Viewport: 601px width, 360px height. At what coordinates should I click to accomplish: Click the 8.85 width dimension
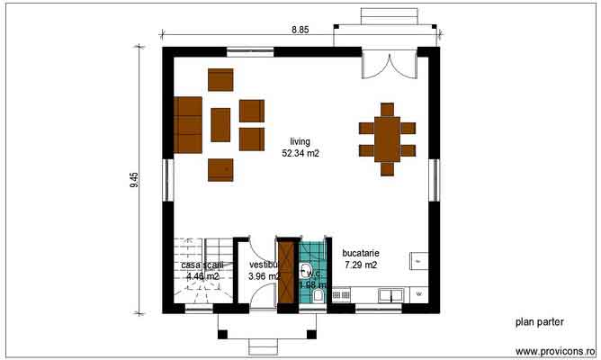point(300,30)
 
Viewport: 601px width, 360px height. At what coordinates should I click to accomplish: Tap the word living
point(300,141)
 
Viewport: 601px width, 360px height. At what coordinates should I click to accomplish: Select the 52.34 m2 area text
point(300,154)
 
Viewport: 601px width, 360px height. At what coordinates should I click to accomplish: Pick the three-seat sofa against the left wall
point(188,125)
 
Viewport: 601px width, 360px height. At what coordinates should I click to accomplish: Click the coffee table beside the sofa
point(220,125)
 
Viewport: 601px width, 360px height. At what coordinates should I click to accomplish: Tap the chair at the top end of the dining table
point(388,109)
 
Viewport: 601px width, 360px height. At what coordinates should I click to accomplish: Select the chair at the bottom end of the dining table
point(388,168)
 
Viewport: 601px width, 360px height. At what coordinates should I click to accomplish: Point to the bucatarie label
point(361,254)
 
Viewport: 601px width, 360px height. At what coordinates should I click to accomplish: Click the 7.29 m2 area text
point(361,266)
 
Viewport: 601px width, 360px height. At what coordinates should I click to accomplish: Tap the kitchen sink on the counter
point(390,294)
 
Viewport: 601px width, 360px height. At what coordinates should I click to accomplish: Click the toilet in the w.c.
point(318,294)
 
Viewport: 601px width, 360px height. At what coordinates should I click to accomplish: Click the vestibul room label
point(264,265)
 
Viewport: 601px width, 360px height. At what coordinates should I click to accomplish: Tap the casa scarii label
point(202,265)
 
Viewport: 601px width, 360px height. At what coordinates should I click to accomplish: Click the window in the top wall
point(252,51)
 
